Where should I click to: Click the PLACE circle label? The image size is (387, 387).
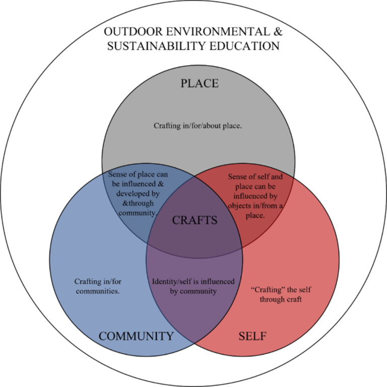click(x=200, y=83)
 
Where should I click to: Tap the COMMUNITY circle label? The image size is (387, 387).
click(x=136, y=336)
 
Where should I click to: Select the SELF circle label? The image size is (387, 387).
click(x=252, y=336)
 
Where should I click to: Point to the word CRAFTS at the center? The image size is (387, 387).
click(x=195, y=220)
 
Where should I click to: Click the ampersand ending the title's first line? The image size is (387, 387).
click(x=278, y=32)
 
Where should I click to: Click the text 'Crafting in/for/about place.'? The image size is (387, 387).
click(x=198, y=125)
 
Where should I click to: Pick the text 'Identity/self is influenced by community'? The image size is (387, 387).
click(x=193, y=286)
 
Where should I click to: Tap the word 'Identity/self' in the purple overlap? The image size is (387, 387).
click(x=172, y=281)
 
